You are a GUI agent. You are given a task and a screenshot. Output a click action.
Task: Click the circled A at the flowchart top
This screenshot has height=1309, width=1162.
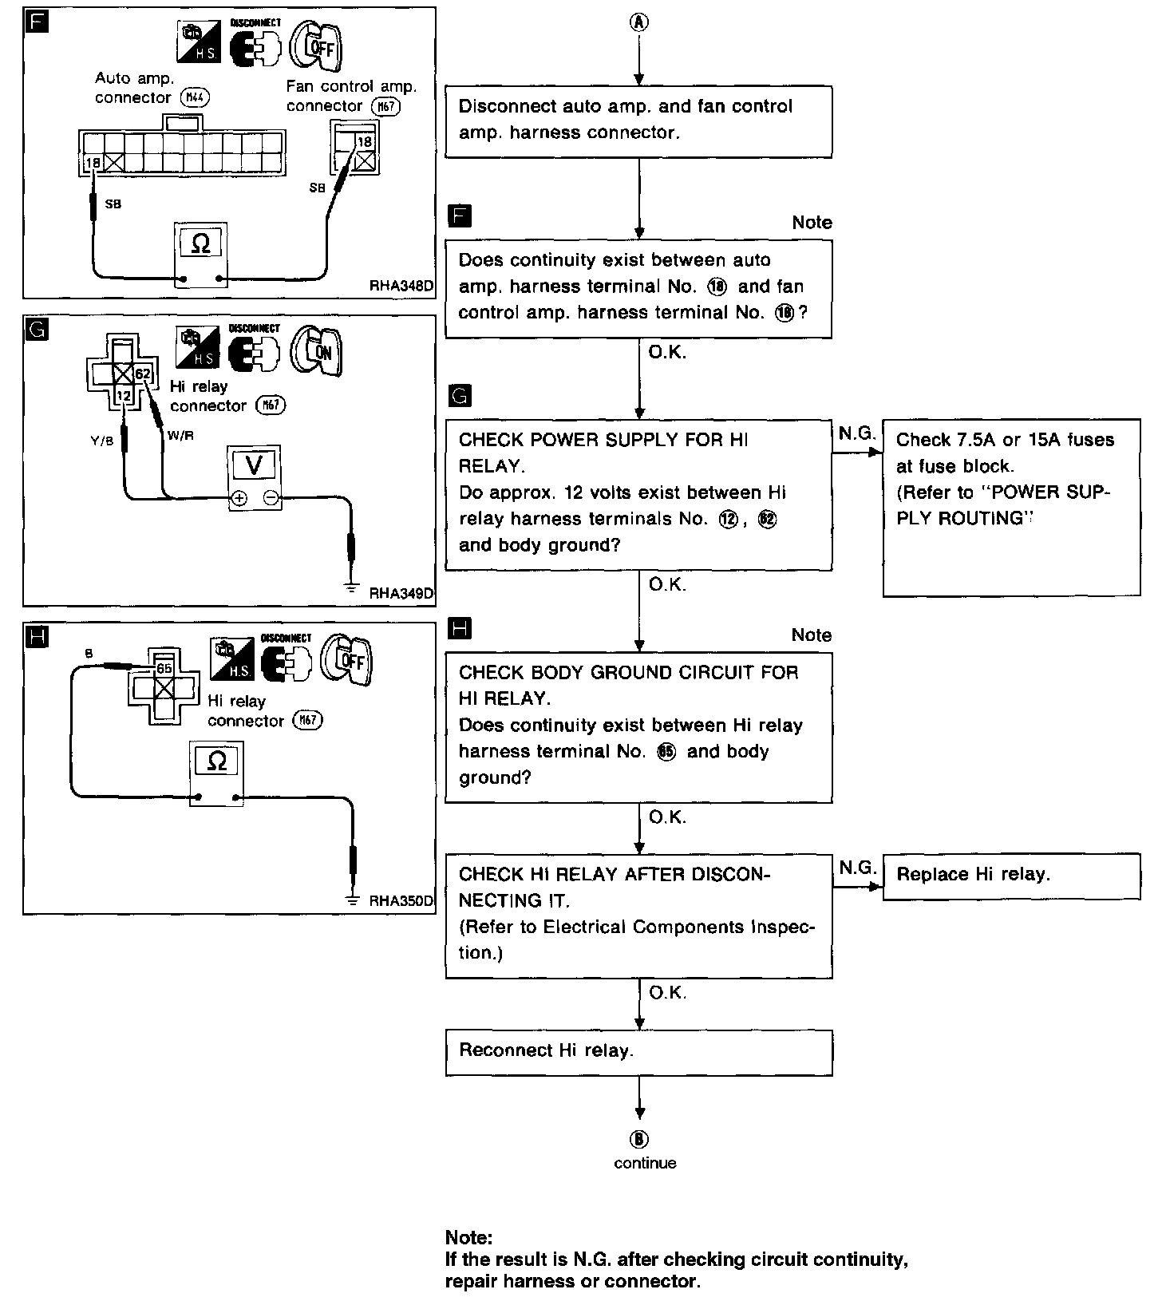coord(639,22)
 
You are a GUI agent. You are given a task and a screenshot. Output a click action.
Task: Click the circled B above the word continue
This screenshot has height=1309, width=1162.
coord(640,1139)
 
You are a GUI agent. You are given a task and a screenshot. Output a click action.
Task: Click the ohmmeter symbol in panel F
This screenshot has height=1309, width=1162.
coord(200,243)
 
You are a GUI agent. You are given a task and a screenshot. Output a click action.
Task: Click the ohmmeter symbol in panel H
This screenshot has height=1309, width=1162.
coord(216,761)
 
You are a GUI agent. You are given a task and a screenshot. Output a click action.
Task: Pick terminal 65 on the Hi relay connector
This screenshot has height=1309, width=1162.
coord(164,668)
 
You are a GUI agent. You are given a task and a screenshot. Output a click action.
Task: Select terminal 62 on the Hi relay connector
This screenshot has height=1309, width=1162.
coord(142,374)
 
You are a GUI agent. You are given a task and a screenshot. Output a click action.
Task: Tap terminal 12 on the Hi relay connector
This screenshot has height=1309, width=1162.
coord(122,395)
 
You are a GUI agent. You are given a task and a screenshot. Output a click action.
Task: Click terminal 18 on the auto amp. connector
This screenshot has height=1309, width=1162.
coord(92,163)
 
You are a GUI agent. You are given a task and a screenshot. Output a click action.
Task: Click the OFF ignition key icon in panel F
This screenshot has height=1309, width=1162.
coord(317,47)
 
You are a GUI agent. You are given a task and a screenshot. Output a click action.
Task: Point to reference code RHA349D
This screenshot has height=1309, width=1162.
coord(401,593)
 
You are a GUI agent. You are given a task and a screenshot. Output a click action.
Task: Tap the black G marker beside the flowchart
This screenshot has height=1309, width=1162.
coord(460,395)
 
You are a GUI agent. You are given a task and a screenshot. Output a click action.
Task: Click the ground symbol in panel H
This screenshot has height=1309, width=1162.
coord(353,900)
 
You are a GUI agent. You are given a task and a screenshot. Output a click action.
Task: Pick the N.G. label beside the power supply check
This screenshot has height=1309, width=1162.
coord(857,433)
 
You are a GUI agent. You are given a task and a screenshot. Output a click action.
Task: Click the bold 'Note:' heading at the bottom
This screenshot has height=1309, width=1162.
coord(469,1238)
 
